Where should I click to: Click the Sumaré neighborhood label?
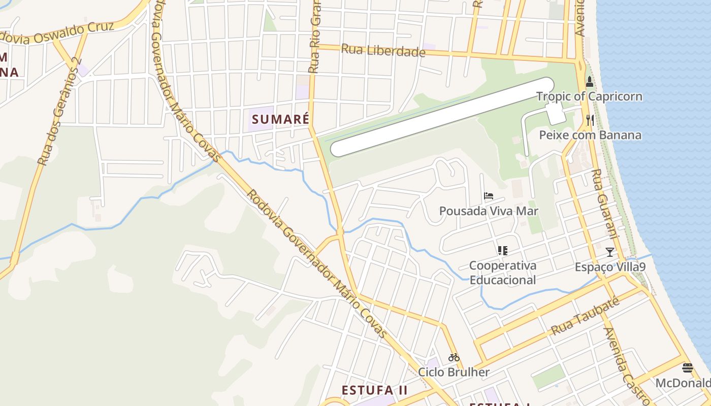point(280,119)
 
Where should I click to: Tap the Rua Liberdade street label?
point(383,50)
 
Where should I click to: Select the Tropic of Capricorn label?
point(589,96)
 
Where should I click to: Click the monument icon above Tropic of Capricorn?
point(589,81)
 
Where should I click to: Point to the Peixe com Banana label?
point(590,135)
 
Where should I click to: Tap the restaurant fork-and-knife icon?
point(590,120)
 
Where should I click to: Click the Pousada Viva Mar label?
point(489,211)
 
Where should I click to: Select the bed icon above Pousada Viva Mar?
point(489,195)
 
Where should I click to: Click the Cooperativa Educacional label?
point(502,273)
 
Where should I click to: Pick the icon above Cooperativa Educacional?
point(502,250)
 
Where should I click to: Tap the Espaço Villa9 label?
point(610,267)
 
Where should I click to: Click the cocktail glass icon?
point(609,252)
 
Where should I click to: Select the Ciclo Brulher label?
point(454,372)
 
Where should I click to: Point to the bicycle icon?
point(454,357)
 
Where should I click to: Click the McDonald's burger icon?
point(688,367)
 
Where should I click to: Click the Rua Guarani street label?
point(603,203)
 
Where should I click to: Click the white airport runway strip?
point(442,117)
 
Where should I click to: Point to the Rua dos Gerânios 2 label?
point(59,112)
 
